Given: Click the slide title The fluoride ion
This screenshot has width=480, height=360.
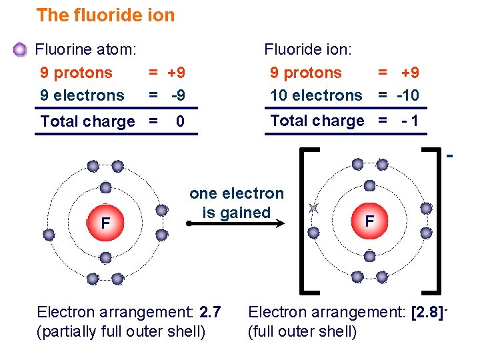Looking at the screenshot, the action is coord(105,15).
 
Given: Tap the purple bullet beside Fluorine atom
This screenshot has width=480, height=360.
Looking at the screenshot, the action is coord(21,49).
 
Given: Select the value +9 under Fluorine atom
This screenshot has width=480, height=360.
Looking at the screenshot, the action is coord(176,73).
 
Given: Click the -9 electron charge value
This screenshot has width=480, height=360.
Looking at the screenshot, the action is coord(177,95).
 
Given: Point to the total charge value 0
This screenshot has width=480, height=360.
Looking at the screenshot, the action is coord(179,121).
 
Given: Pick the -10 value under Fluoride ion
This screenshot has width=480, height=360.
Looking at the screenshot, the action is coord(407,95).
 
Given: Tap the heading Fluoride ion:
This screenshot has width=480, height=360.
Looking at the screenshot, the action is coord(308,49).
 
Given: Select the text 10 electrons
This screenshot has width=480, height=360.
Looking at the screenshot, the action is coord(316,95).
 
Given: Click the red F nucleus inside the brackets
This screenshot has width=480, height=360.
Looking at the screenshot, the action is coord(369,221).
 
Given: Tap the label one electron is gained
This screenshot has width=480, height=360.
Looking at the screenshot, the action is coord(237,203).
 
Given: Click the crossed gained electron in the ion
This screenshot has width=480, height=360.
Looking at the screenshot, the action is coord(313,209).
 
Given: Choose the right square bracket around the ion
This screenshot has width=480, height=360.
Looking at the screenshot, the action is coord(434,219).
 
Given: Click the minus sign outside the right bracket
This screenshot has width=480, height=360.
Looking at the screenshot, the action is coord(450,157).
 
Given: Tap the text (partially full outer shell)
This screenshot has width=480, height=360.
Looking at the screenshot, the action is coord(121,331).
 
